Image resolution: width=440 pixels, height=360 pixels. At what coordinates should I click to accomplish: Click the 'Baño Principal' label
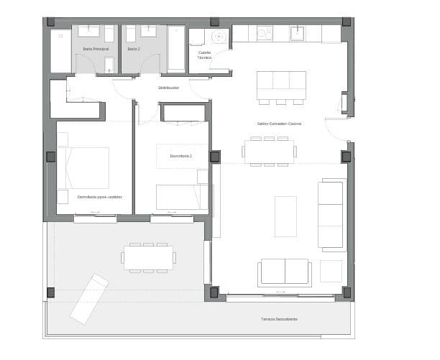[x=96, y=49]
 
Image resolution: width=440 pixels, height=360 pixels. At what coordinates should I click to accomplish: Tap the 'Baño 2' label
[x=133, y=49]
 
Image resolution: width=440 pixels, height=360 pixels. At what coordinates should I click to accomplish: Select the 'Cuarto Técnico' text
[x=205, y=55]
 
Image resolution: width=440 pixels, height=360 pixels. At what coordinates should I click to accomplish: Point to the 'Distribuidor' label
[x=168, y=88]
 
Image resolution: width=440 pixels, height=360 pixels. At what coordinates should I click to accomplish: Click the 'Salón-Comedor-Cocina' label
[x=279, y=124]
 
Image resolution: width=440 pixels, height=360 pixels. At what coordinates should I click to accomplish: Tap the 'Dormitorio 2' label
[x=181, y=156]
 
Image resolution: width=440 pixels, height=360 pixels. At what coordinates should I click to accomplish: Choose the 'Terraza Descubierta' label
[x=280, y=319]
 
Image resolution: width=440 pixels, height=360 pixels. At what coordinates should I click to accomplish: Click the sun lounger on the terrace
[x=89, y=297]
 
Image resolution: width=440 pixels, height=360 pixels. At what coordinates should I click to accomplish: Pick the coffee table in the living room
[x=285, y=216]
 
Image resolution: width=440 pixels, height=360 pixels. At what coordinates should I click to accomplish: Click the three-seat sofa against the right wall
[x=332, y=215]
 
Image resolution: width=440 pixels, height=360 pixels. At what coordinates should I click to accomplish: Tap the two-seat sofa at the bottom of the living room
[x=284, y=272]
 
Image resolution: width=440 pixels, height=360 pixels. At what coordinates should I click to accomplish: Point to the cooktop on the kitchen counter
[x=265, y=33]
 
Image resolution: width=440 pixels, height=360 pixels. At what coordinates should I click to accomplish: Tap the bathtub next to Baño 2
[x=176, y=48]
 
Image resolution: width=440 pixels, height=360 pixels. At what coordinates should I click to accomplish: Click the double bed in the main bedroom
[x=83, y=168]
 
